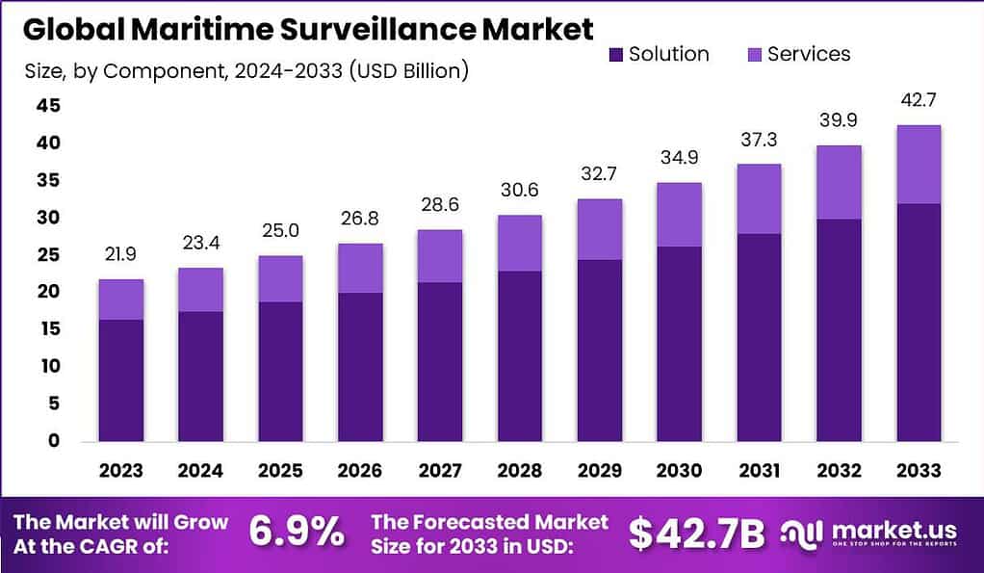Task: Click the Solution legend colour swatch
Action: [x=615, y=55]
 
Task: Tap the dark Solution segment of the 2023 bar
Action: [x=121, y=379]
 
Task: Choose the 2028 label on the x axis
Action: [x=519, y=471]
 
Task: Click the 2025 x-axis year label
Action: [x=280, y=471]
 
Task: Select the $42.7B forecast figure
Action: [x=696, y=534]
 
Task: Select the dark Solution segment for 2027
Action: [x=439, y=361]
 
